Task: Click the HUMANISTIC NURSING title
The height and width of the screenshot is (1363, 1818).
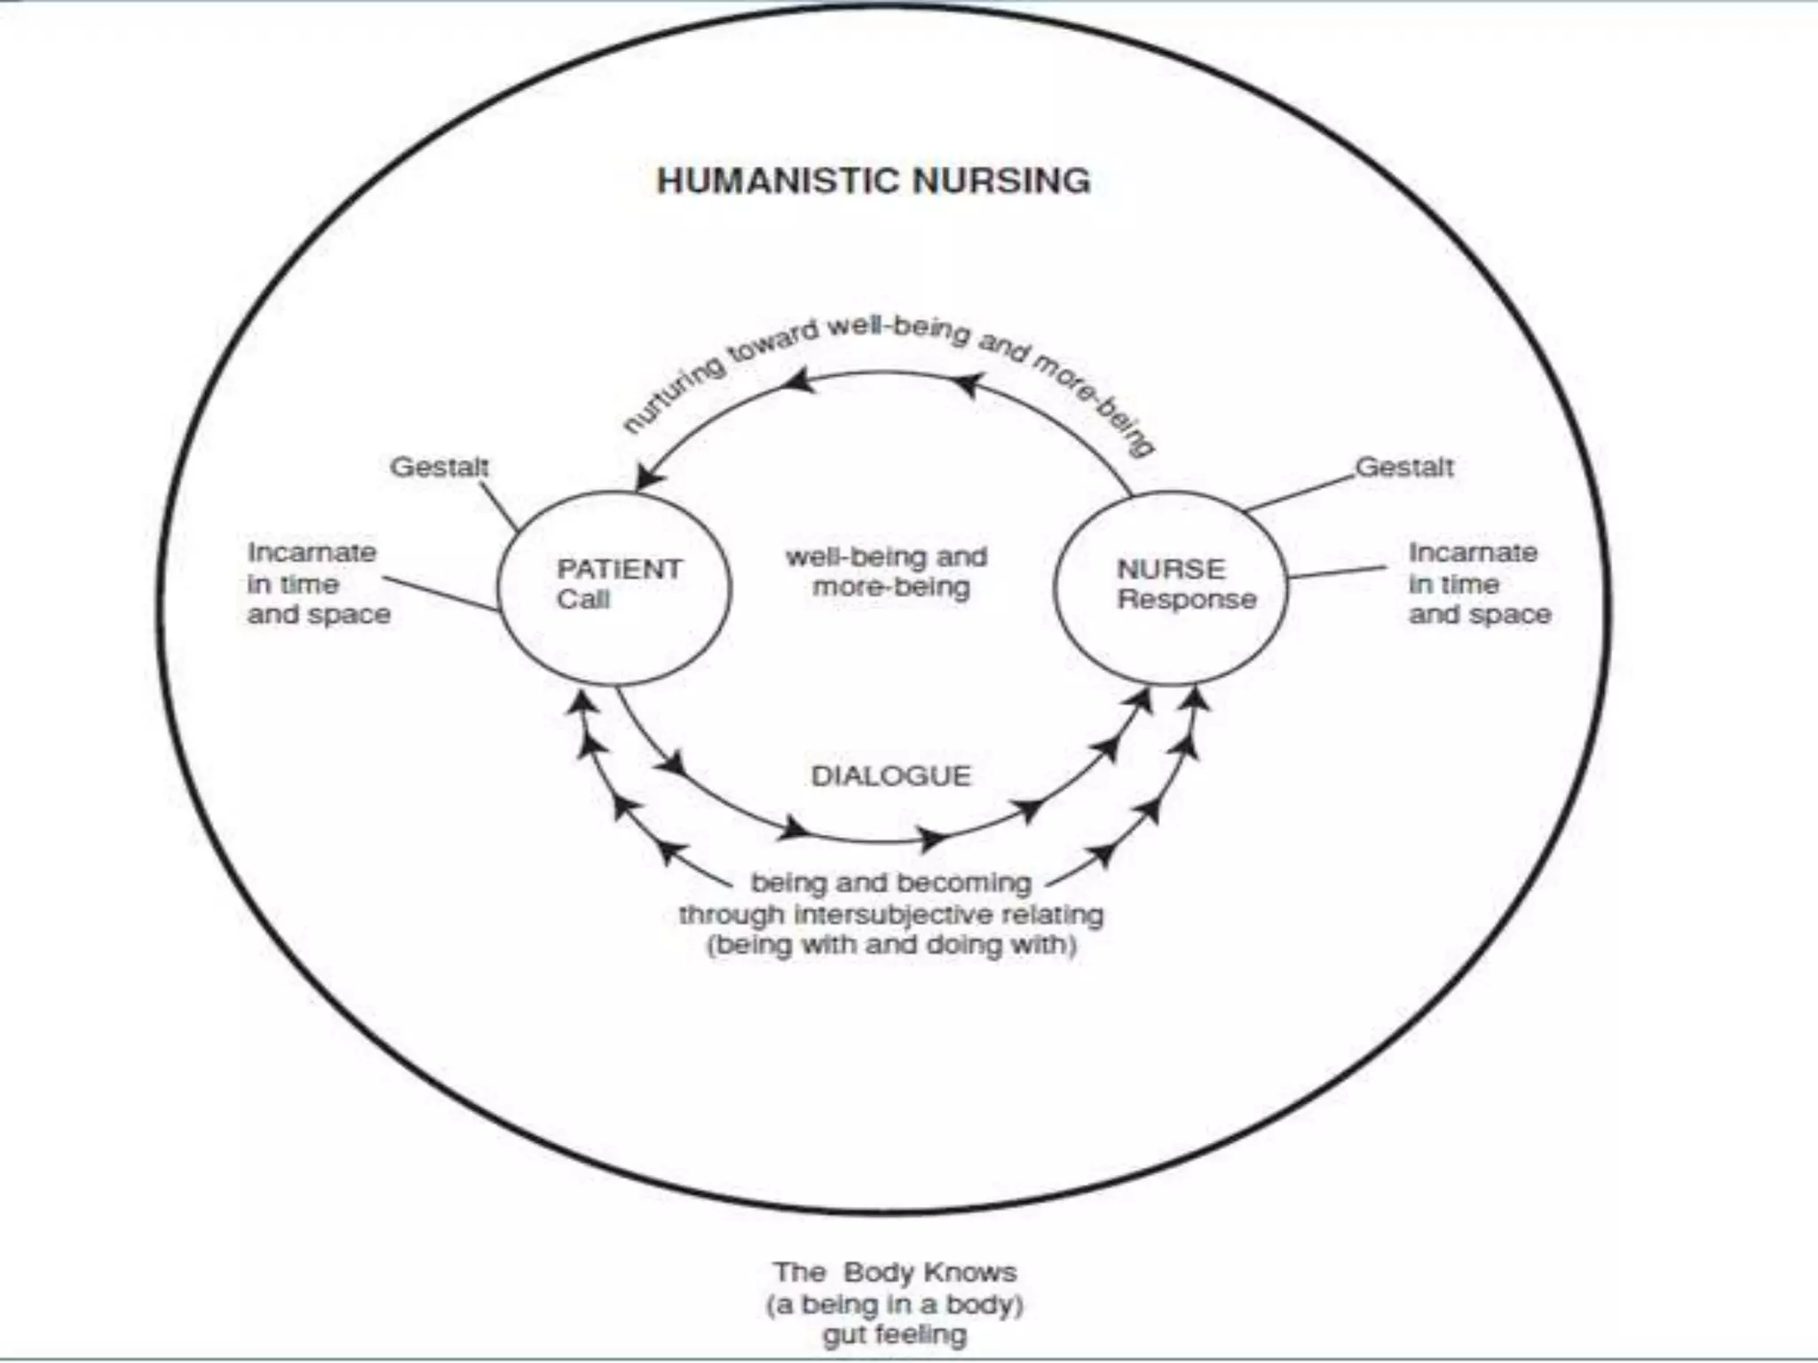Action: pos(873,181)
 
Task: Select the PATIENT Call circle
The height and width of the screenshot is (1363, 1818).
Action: pos(614,587)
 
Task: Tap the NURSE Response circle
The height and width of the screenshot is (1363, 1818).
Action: pos(1170,587)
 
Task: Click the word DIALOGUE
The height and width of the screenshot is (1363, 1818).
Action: pos(891,776)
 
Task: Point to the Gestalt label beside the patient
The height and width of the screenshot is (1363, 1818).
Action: pos(439,467)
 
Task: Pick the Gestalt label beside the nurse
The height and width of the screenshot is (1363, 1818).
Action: pos(1404,467)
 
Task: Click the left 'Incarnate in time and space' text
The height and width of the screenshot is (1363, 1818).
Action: pos(318,583)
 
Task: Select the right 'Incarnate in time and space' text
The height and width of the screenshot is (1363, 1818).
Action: pos(1479,583)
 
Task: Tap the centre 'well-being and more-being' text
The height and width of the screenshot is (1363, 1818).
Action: pos(888,571)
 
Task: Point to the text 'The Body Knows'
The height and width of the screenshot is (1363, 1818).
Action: pos(894,1272)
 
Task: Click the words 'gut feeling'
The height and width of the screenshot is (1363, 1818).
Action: pos(894,1334)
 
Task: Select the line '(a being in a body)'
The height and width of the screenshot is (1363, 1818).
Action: pos(894,1304)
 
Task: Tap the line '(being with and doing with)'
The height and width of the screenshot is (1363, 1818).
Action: pos(891,944)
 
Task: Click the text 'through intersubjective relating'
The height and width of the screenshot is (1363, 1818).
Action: pos(891,914)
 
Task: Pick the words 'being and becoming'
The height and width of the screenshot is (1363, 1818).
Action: pos(891,883)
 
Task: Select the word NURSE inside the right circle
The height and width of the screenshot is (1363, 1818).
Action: pos(1171,568)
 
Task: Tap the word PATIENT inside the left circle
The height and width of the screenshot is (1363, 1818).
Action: pos(620,568)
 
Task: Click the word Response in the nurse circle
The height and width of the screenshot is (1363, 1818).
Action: pos(1187,599)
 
